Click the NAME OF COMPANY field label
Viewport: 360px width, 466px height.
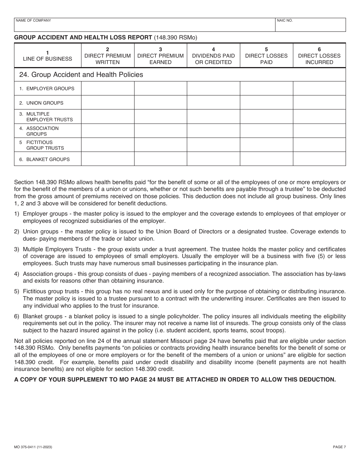pyautogui.click(x=33, y=20)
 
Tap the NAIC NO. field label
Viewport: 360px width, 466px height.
pyautogui.click(x=285, y=20)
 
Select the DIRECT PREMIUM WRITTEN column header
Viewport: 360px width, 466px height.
pyautogui.click(x=108, y=56)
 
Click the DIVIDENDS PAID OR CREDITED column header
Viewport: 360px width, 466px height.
pyautogui.click(x=213, y=56)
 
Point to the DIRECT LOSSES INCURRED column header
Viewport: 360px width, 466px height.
pyautogui.click(x=319, y=56)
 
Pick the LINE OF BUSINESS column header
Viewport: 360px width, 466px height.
pyautogui.click(x=47, y=56)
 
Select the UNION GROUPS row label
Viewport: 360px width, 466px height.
pyautogui.click(x=45, y=103)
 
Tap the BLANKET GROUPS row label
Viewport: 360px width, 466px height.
pyautogui.click(x=48, y=160)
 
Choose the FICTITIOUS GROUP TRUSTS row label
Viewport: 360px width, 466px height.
pyautogui.click(x=45, y=145)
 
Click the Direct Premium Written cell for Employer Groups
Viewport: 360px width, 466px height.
pyautogui.click(x=108, y=89)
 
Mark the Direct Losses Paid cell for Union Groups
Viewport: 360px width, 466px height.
pyautogui.click(x=266, y=103)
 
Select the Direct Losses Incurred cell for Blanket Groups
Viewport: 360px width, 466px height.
pyautogui.click(x=319, y=159)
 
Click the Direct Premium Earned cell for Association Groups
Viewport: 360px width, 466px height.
pyautogui.click(x=161, y=131)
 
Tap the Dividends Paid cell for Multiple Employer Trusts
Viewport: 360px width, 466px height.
pyautogui.click(x=213, y=117)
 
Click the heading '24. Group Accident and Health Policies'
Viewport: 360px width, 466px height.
pyautogui.click(x=81, y=75)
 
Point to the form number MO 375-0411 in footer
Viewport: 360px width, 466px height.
pyautogui.click(x=33, y=447)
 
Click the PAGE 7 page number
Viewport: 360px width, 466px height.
pyautogui.click(x=339, y=447)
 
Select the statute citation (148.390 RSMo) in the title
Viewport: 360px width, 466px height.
pyautogui.click(x=176, y=38)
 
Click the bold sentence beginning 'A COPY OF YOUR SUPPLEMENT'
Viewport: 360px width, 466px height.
pyautogui.click(x=175, y=380)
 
